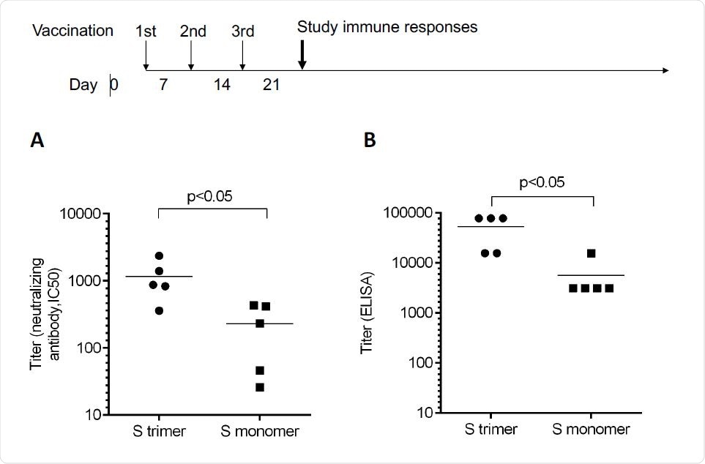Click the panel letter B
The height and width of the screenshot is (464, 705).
point(370,141)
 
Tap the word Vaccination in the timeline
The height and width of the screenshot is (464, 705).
point(73,31)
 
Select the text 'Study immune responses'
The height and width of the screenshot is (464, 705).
point(387,28)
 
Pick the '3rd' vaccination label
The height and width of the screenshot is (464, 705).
point(242,31)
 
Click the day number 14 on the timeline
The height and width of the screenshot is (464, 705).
point(222,85)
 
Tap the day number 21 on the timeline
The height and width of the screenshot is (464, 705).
point(272,85)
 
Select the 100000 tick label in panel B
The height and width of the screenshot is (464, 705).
point(411,214)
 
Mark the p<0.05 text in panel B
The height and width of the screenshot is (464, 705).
point(542,182)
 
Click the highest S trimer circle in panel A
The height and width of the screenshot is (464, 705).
point(159,255)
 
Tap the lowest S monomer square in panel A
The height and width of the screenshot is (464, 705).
point(260,387)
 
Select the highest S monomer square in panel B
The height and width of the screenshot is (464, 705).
point(591,253)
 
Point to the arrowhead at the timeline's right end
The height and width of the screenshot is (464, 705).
point(664,70)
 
